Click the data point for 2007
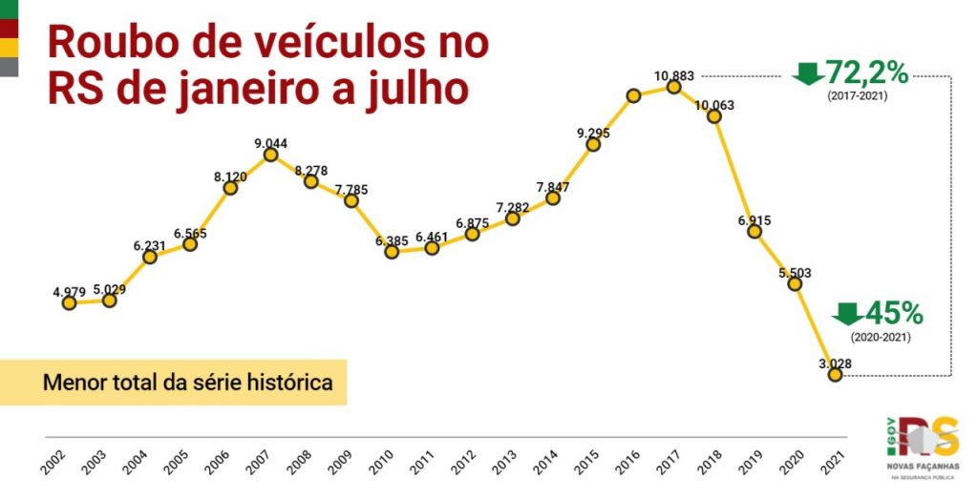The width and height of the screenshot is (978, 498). point(271,155)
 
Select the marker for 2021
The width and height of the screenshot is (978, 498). point(836,375)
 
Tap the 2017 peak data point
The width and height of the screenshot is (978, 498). point(673,87)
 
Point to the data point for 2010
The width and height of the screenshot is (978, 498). point(392,252)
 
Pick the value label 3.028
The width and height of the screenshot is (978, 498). point(834,363)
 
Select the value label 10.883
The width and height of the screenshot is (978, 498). point(674,75)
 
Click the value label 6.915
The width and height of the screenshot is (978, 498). point(754,220)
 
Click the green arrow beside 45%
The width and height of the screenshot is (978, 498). point(847,313)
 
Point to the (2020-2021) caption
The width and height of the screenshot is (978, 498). point(881,337)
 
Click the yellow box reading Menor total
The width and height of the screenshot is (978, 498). point(173,383)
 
